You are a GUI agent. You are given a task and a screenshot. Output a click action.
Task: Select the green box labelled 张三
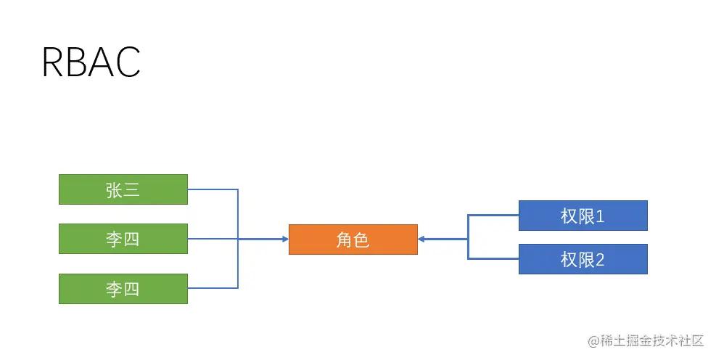pos(123,189)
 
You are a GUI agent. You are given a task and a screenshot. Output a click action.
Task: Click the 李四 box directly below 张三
pos(123,239)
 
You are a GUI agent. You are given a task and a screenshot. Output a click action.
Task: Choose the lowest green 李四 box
pos(123,289)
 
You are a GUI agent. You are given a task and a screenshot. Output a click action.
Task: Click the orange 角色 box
pos(353,240)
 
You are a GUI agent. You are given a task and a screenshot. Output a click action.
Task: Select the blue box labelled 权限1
pos(583,216)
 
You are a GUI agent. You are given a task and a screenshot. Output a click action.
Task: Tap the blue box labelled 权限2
pos(583,259)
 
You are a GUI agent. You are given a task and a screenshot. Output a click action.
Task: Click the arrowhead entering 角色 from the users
pos(284,239)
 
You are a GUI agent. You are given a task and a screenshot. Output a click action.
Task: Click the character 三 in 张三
pos(131,190)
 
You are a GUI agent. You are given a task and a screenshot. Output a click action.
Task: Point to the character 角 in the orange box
pos(344,240)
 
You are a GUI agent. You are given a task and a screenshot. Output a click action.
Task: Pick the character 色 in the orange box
pos(361,240)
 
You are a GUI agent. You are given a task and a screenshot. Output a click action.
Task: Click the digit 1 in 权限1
pos(600,216)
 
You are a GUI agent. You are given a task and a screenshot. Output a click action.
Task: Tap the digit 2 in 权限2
pos(600,260)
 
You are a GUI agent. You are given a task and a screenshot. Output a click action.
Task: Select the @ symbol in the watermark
pos(593,340)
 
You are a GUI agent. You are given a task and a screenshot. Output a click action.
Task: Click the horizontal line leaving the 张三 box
pos(213,189)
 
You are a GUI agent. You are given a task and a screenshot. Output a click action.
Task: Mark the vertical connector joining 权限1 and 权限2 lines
pos(468,237)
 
